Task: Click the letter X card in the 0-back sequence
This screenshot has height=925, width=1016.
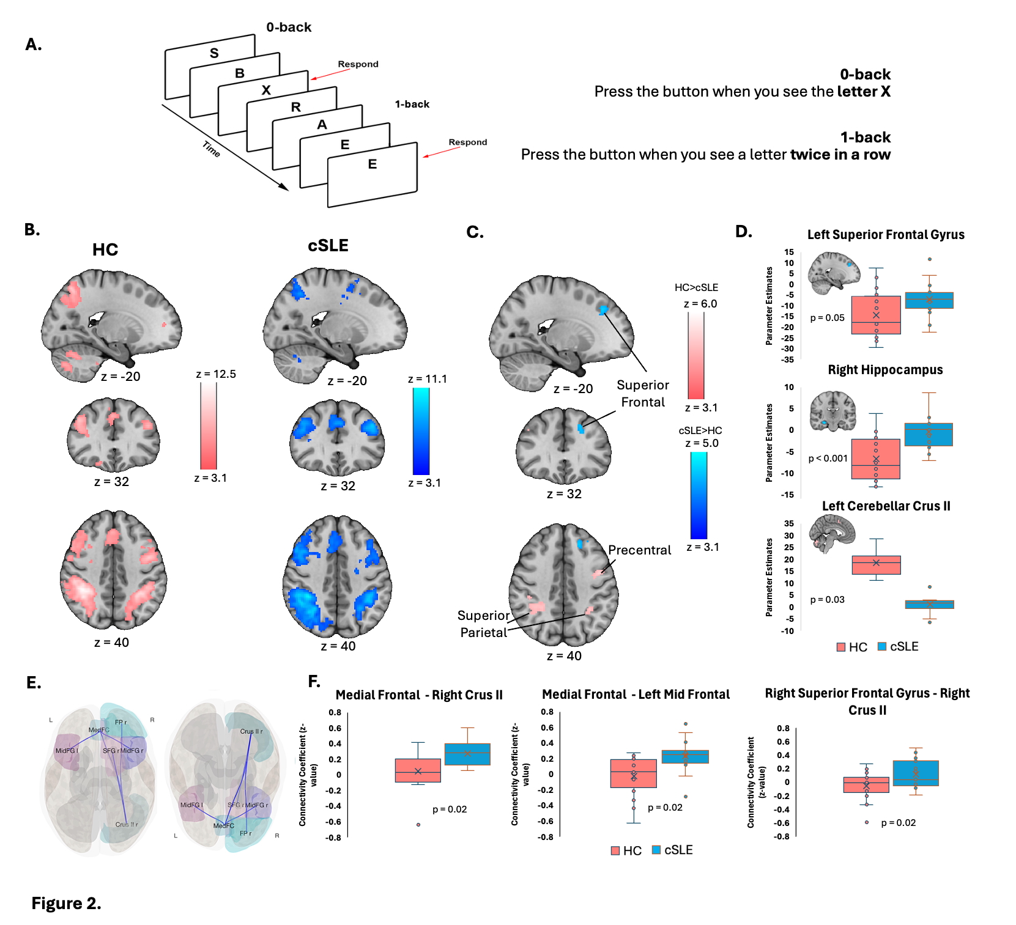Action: (266, 90)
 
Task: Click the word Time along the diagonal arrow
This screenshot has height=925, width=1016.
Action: (211, 149)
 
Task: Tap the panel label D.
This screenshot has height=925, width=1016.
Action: (743, 232)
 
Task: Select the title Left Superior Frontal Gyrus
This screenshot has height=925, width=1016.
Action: (885, 235)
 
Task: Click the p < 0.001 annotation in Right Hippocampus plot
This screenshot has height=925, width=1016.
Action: (828, 459)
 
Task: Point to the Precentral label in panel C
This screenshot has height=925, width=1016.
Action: (639, 550)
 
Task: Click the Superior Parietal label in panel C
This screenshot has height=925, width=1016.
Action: (483, 624)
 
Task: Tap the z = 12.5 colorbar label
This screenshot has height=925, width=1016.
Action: (215, 374)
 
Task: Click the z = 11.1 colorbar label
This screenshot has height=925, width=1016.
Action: (427, 379)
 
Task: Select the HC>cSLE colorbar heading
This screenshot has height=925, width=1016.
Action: (696, 287)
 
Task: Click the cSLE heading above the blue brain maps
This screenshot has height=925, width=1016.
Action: (328, 246)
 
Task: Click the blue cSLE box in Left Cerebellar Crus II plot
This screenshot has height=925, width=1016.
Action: (929, 604)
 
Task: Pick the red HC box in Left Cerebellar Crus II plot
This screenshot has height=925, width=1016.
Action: (876, 565)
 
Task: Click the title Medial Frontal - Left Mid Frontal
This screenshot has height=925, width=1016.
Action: (636, 695)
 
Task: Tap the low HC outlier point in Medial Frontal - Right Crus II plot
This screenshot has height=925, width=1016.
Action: (418, 825)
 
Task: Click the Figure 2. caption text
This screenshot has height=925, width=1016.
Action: (66, 903)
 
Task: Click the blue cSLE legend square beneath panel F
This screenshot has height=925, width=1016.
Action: (656, 850)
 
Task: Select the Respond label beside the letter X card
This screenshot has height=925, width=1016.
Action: (358, 64)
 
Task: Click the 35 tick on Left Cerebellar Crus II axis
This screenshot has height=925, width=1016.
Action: (789, 524)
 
